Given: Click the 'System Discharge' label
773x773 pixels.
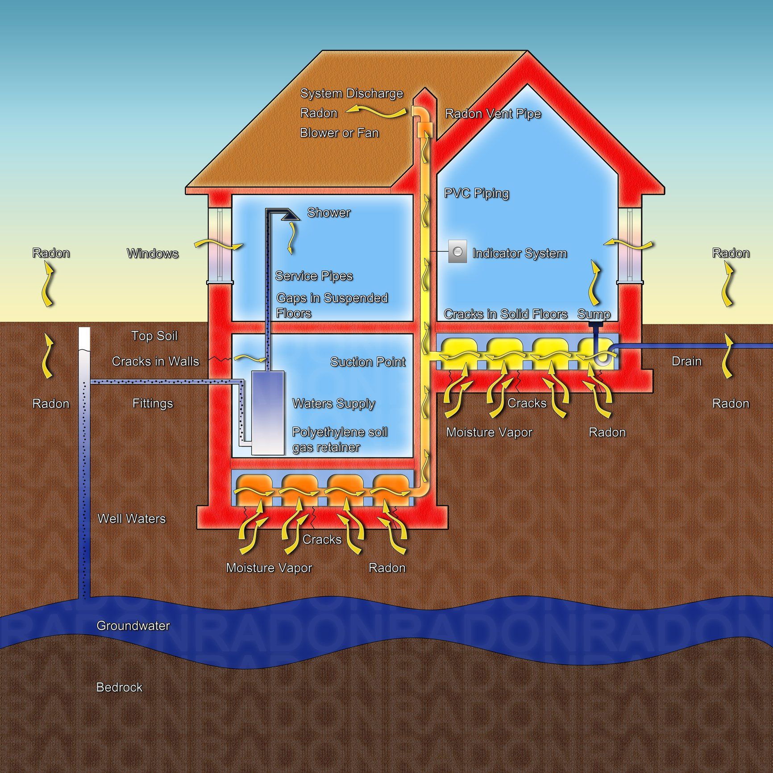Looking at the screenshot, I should tap(351, 93).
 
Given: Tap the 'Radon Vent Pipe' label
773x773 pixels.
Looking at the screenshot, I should tap(493, 114).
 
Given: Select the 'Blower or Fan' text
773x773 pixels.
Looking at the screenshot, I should tap(339, 133).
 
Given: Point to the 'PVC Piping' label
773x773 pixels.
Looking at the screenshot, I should tap(476, 193).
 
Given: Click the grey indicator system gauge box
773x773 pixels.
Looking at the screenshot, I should tap(457, 251).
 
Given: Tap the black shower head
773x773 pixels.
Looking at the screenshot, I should tap(290, 215).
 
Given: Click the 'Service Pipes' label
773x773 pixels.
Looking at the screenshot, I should tap(314, 276).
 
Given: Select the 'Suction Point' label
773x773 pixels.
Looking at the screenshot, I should tap(368, 362).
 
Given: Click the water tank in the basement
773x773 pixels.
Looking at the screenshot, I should tap(268, 413).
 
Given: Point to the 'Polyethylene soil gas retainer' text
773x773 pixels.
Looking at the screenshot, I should tap(339, 440).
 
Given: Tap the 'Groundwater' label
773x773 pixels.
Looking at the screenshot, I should tap(133, 626).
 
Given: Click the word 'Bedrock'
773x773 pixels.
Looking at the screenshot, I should tap(119, 687).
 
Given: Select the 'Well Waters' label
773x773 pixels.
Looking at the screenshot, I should tap(132, 519).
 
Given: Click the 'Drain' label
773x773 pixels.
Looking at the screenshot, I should tap(686, 361).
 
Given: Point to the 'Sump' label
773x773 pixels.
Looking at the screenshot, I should tap(594, 314).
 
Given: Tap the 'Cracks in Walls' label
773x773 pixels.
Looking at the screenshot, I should tap(155, 361).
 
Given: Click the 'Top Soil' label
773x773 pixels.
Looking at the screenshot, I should tap(154, 336).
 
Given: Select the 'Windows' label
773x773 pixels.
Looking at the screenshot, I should tap(153, 254).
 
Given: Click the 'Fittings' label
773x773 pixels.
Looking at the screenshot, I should tap(153, 403).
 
